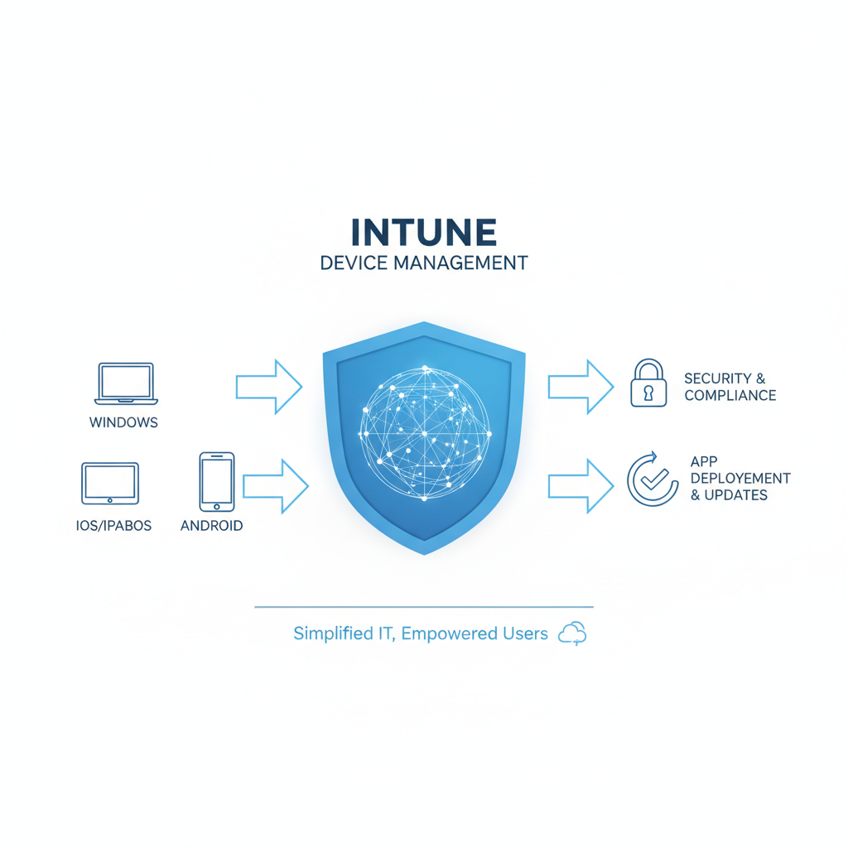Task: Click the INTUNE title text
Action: click(423, 232)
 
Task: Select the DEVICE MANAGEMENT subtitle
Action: click(423, 263)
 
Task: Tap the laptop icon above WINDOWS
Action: click(126, 383)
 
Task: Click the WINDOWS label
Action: click(123, 422)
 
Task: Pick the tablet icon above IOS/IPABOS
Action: click(110, 483)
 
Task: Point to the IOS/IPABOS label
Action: click(113, 526)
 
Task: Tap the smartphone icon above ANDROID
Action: click(217, 482)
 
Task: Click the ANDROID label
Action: click(211, 526)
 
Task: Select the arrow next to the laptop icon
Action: click(269, 388)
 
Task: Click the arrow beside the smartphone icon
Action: click(276, 486)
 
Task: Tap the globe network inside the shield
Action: click(425, 432)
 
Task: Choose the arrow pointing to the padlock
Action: click(581, 388)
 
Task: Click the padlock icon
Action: click(648, 383)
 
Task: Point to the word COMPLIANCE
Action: click(730, 395)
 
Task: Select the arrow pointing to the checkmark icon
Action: click(581, 486)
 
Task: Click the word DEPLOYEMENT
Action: click(740, 478)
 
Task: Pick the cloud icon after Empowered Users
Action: click(572, 634)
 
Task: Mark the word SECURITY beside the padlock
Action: click(718, 378)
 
